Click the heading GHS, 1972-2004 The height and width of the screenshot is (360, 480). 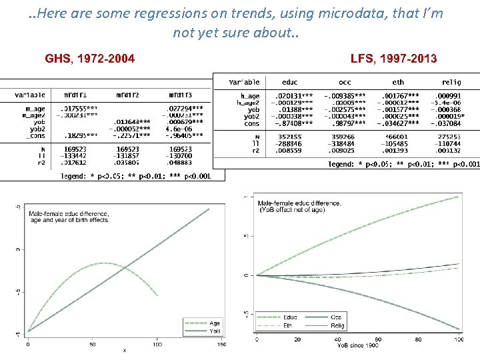pos(89,59)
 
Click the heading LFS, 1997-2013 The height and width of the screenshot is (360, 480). pos(393,59)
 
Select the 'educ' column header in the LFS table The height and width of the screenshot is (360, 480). pos(290,82)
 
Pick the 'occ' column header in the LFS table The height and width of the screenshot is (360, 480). pos(345,82)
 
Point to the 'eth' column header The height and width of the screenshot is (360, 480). pos(399,82)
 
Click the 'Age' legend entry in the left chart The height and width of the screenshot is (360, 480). pos(215,323)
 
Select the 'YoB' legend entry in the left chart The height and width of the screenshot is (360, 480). pos(215,330)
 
